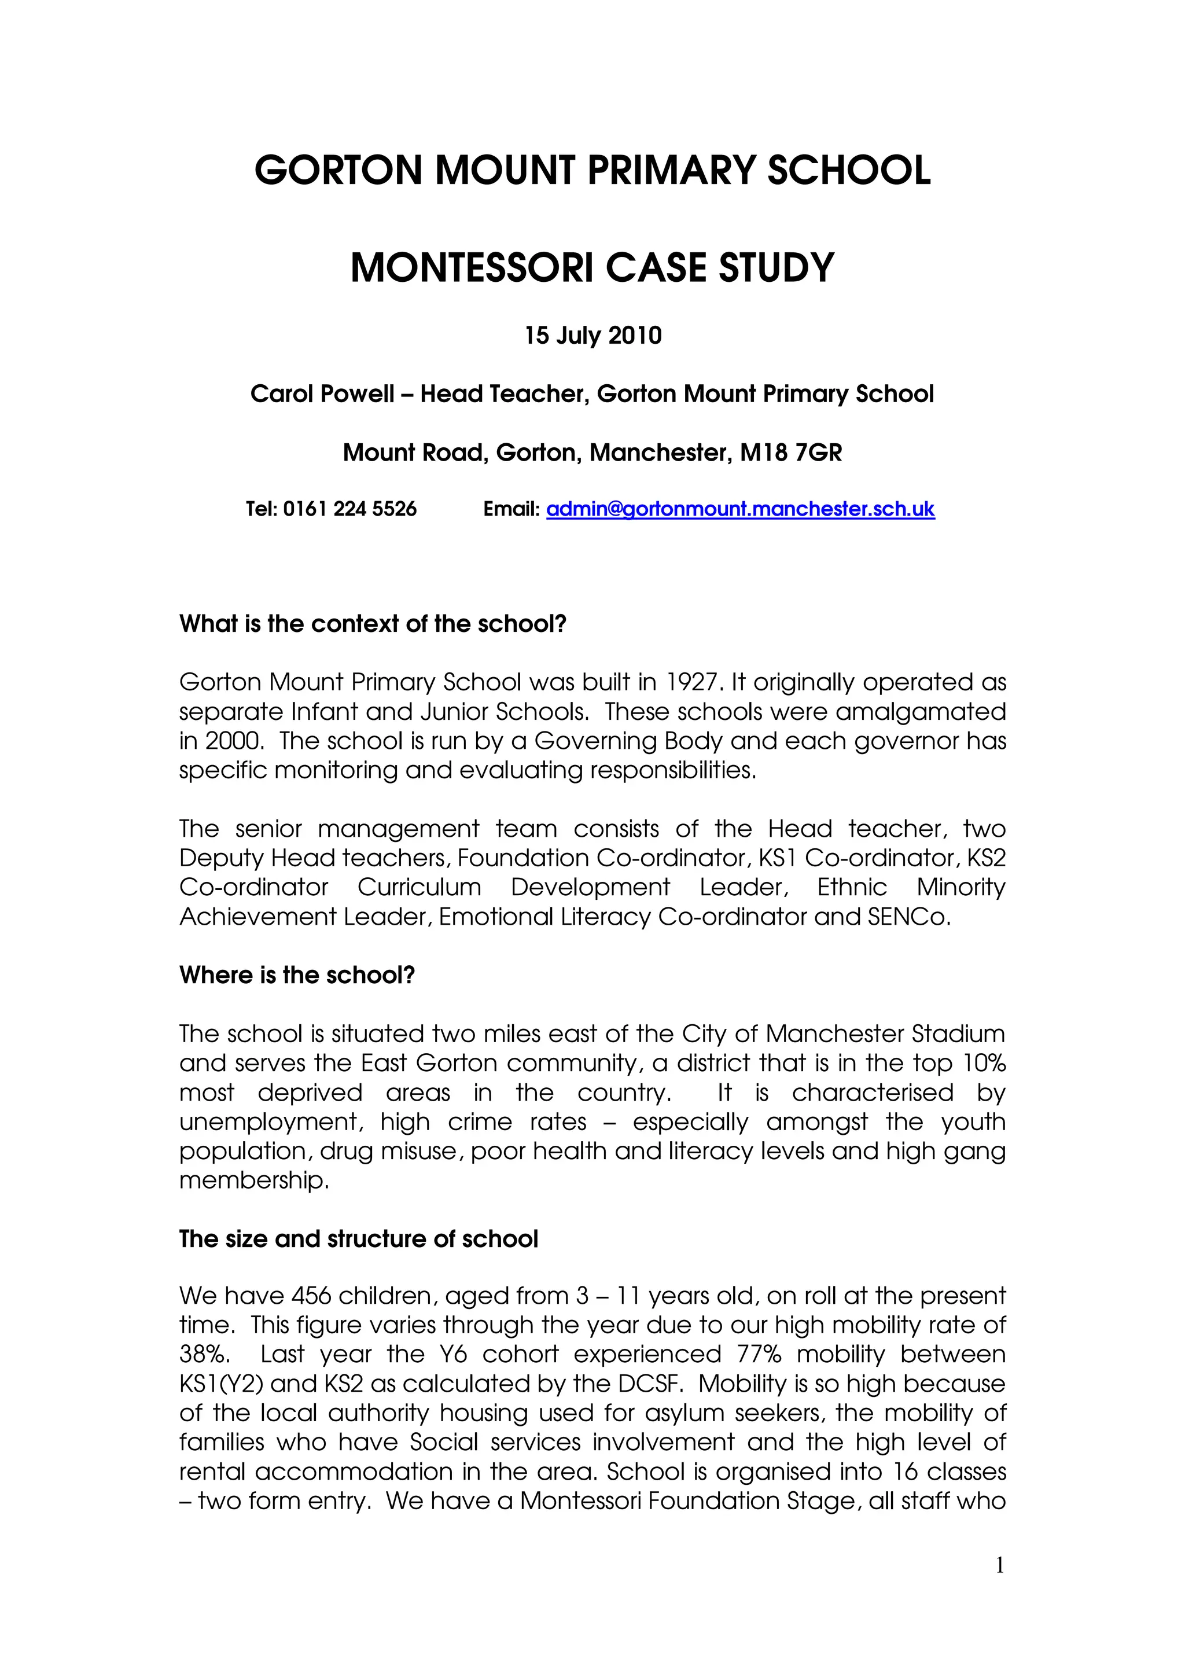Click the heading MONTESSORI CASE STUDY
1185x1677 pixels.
592,267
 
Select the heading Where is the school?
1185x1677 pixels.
297,975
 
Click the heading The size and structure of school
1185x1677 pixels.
359,1239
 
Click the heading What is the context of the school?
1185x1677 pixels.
373,624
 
